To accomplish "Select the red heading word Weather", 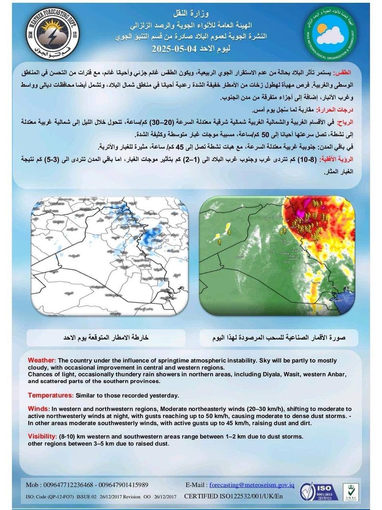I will (41, 360).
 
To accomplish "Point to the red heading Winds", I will (37, 409).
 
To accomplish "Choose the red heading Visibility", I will (42, 436).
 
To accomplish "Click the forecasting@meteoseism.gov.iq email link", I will (252, 485).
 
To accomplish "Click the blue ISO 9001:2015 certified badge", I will (319, 491).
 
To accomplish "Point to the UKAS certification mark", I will (351, 492).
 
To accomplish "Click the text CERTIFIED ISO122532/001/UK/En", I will (233, 496).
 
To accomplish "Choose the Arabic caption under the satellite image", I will (278, 337).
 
